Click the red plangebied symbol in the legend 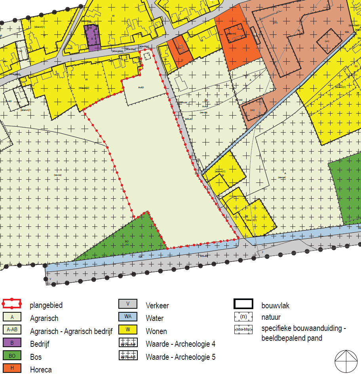12,304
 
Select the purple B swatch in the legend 12,343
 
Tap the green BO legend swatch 12,355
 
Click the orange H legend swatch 12,369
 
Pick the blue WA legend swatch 127,317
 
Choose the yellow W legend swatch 127,330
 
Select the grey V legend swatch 127,304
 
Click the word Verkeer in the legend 157,306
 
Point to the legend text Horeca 41,370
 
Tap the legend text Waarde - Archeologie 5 180,357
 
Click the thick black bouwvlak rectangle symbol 243,304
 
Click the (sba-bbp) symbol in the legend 243,330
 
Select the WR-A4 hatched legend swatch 127,343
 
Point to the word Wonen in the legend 156,331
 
